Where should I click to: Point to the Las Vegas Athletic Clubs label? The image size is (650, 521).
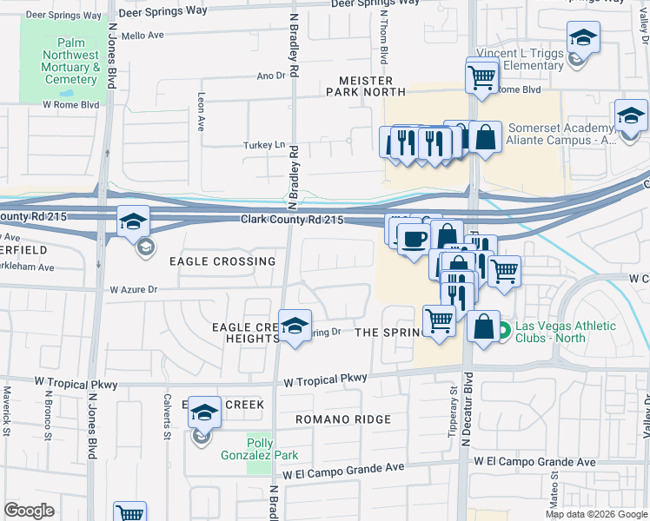tap(565, 332)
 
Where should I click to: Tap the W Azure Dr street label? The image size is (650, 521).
tap(132, 289)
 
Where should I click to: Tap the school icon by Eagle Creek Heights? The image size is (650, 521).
tap(295, 326)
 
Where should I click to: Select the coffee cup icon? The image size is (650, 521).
tap(414, 237)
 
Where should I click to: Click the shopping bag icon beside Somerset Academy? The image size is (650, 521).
tap(486, 137)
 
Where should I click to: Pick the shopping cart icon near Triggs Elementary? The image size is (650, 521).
tap(481, 76)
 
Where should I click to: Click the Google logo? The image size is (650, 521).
tap(29, 511)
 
